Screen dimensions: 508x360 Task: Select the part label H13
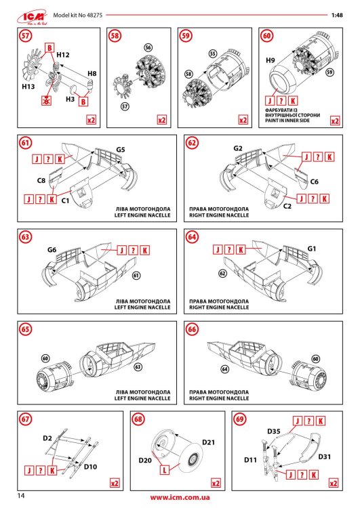pos(28,87)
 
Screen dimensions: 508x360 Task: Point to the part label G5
pos(121,148)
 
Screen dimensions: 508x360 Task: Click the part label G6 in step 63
pos(52,250)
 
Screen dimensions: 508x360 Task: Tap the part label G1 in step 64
pos(312,249)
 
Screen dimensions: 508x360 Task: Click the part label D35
pos(273,431)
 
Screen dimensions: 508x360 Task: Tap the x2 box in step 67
pos(115,484)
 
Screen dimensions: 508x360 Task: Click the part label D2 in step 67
pos(47,440)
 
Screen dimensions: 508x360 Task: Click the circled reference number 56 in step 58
pos(148,48)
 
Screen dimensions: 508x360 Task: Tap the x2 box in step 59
pos(243,120)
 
